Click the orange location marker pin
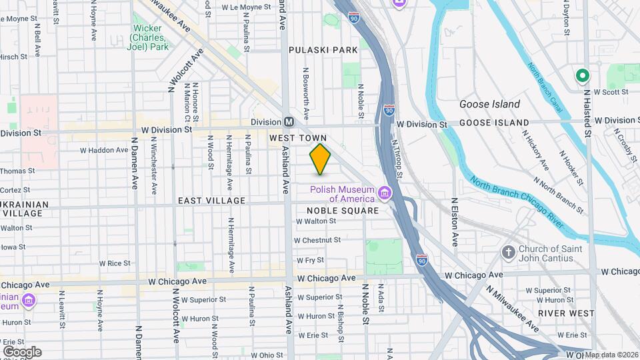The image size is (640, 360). (321, 159)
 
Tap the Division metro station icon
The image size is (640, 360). (289, 122)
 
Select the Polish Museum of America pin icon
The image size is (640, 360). (385, 193)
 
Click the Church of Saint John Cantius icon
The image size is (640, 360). (508, 253)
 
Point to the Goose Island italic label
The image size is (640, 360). (489, 104)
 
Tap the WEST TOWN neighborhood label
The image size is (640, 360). (299, 138)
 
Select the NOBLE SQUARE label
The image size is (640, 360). (343, 211)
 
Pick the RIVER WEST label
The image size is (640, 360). (566, 313)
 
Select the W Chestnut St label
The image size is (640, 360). (317, 240)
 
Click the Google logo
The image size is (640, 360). (22, 351)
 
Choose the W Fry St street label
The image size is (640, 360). (311, 260)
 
